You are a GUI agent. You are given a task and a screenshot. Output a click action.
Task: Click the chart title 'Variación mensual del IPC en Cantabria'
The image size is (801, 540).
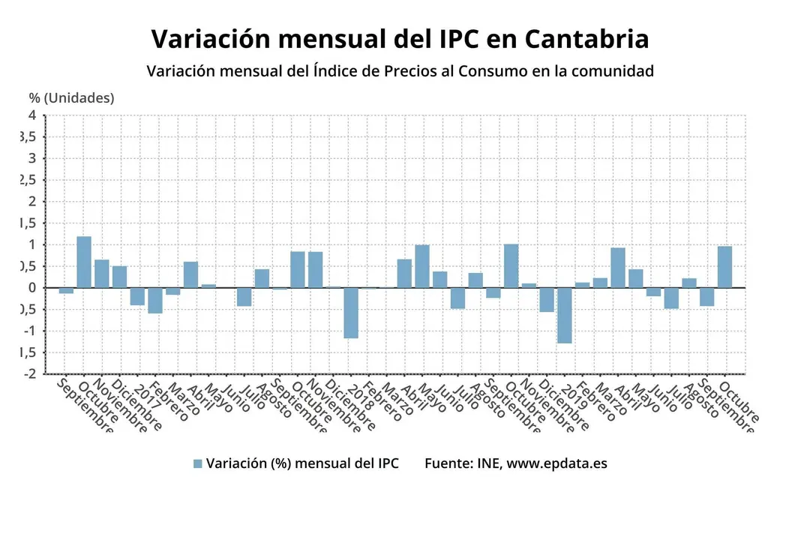click(400, 38)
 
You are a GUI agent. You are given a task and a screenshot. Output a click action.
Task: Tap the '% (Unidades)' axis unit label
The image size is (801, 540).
click(72, 98)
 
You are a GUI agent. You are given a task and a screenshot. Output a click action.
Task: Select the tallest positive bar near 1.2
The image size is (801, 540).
click(84, 262)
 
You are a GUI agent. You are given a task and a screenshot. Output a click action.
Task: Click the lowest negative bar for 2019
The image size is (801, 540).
click(564, 315)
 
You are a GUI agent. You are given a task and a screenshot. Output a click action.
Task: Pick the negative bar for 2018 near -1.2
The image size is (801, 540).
click(351, 313)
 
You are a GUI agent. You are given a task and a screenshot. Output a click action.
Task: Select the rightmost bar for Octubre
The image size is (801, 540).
click(724, 267)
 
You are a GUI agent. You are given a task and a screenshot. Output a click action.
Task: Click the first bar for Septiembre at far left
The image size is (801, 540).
click(66, 290)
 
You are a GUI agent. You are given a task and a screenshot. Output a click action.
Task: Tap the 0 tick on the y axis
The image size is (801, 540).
click(32, 288)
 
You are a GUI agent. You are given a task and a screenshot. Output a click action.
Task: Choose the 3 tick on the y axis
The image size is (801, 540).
click(32, 158)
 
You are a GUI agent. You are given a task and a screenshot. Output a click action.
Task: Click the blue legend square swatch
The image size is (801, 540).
click(198, 463)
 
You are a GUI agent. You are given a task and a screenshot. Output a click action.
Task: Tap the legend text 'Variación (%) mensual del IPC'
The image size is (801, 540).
click(302, 463)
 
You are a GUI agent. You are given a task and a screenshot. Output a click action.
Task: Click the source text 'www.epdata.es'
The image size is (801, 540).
click(556, 463)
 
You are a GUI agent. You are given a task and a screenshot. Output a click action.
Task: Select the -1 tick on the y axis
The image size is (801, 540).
click(31, 331)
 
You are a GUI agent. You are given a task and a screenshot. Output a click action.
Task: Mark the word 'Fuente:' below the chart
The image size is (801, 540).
click(448, 463)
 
